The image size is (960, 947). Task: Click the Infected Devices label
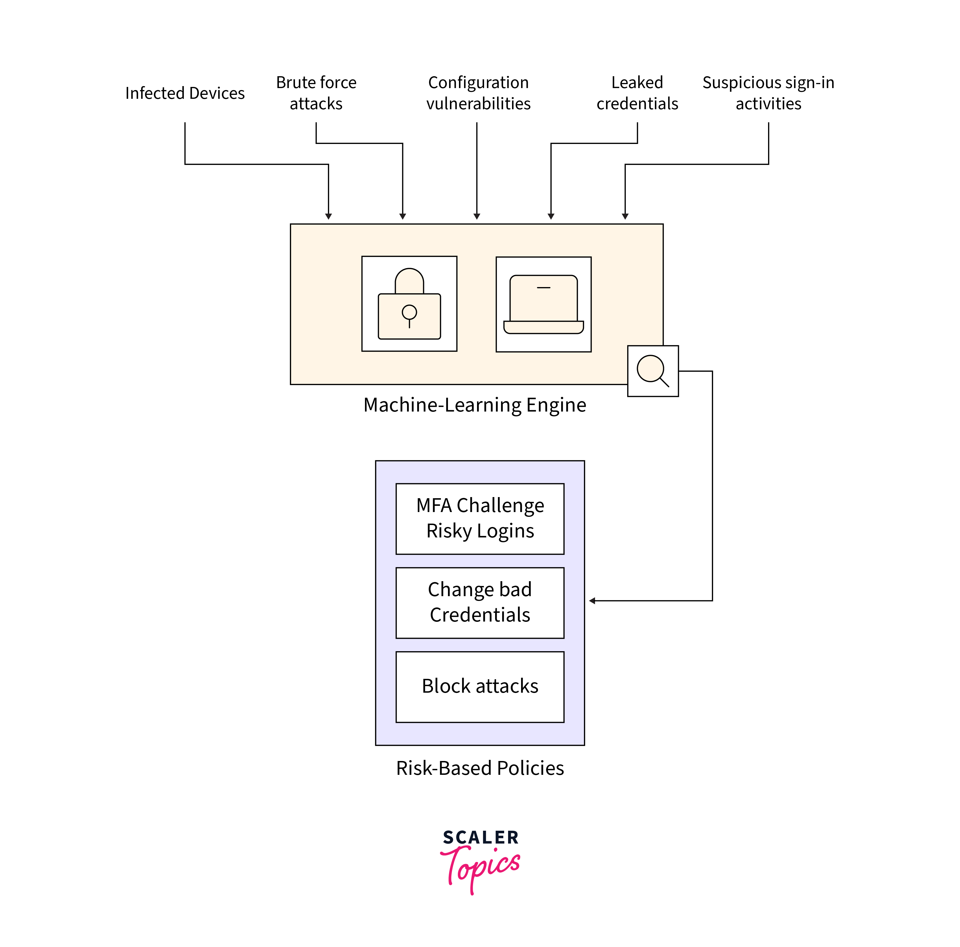185,93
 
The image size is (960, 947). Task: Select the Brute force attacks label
316,93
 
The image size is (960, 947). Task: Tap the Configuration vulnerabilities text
478,93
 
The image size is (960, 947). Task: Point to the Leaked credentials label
637,93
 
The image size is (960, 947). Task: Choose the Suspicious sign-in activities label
768,93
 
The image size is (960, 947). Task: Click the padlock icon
409,304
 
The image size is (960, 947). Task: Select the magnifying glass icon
652,371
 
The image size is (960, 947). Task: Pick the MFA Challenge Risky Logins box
480,518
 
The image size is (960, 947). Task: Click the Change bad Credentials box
480,602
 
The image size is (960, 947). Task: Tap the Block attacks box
480,686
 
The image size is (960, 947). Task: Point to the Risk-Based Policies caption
480,768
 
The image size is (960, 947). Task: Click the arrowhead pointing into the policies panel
592,601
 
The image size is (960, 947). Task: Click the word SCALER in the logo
480,837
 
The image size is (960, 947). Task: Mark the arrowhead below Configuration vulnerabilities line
476,216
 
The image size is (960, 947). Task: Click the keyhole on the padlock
409,313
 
